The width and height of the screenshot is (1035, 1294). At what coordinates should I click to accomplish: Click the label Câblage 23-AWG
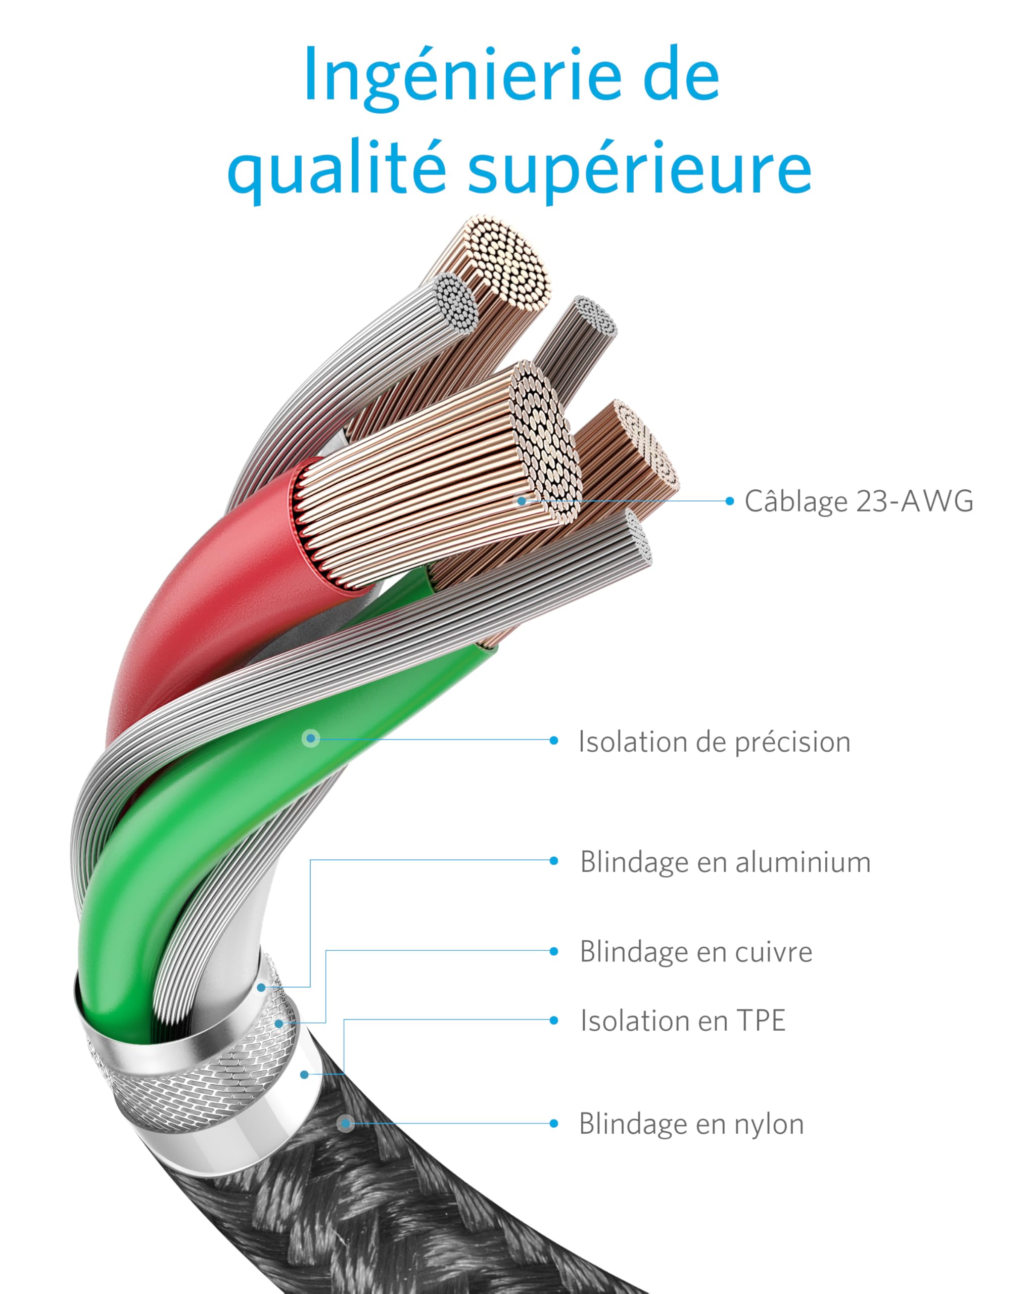point(859,501)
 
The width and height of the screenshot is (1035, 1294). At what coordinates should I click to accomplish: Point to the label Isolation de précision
point(714,742)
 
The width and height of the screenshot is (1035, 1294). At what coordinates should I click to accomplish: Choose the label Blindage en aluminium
point(725,862)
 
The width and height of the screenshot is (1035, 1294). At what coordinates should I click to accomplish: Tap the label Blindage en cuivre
point(696,951)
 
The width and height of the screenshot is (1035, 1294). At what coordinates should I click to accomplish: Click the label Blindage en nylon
point(691,1124)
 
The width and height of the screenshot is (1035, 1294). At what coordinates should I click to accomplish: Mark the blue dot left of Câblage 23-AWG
point(730,500)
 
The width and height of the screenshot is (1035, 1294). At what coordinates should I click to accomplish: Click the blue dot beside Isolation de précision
point(554,741)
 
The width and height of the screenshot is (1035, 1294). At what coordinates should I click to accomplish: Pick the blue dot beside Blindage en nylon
point(554,1124)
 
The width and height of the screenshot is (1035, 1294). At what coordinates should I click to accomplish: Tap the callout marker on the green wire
point(311,738)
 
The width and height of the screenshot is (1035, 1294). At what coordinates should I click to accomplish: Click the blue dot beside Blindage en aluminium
point(554,861)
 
